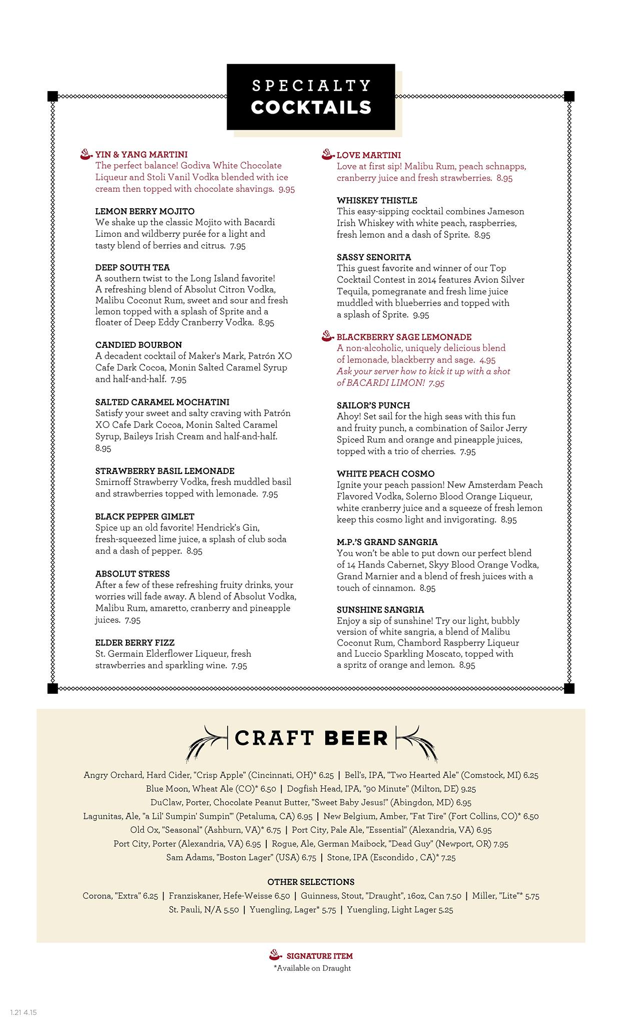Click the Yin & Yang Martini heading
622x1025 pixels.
(141, 155)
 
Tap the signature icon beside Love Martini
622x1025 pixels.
(328, 154)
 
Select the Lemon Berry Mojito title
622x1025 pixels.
(145, 211)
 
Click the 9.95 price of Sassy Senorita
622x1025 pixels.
(421, 315)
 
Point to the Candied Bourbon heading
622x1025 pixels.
(138, 345)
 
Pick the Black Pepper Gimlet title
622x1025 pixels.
(145, 517)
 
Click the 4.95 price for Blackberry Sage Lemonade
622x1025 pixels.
(487, 360)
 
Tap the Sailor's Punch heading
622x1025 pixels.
(373, 405)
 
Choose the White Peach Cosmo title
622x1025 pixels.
(385, 473)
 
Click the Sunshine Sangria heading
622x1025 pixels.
(380, 610)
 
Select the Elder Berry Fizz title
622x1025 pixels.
(135, 643)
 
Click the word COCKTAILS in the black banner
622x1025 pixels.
(311, 108)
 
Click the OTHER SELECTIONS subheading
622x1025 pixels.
(311, 882)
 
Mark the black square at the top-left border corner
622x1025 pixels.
(53, 96)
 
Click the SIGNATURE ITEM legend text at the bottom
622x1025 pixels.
(319, 955)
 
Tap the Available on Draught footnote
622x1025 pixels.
(312, 968)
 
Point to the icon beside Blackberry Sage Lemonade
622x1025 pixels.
(328, 336)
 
